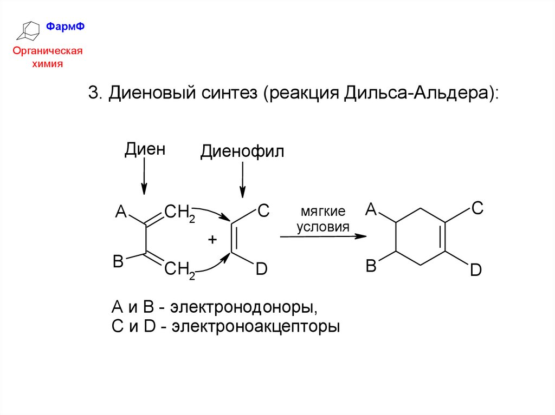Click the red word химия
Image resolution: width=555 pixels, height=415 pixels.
[x=48, y=63]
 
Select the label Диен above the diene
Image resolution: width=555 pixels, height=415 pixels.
[x=144, y=150]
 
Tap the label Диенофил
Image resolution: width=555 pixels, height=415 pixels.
[x=242, y=151]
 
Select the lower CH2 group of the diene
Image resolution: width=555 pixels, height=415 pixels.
[x=179, y=269]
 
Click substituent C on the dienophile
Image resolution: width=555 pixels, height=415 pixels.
[x=262, y=211]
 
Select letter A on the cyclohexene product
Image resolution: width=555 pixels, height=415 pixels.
[x=371, y=208]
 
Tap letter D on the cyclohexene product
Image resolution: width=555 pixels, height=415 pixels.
[x=475, y=269]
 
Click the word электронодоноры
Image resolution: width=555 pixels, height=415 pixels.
[x=242, y=308]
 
